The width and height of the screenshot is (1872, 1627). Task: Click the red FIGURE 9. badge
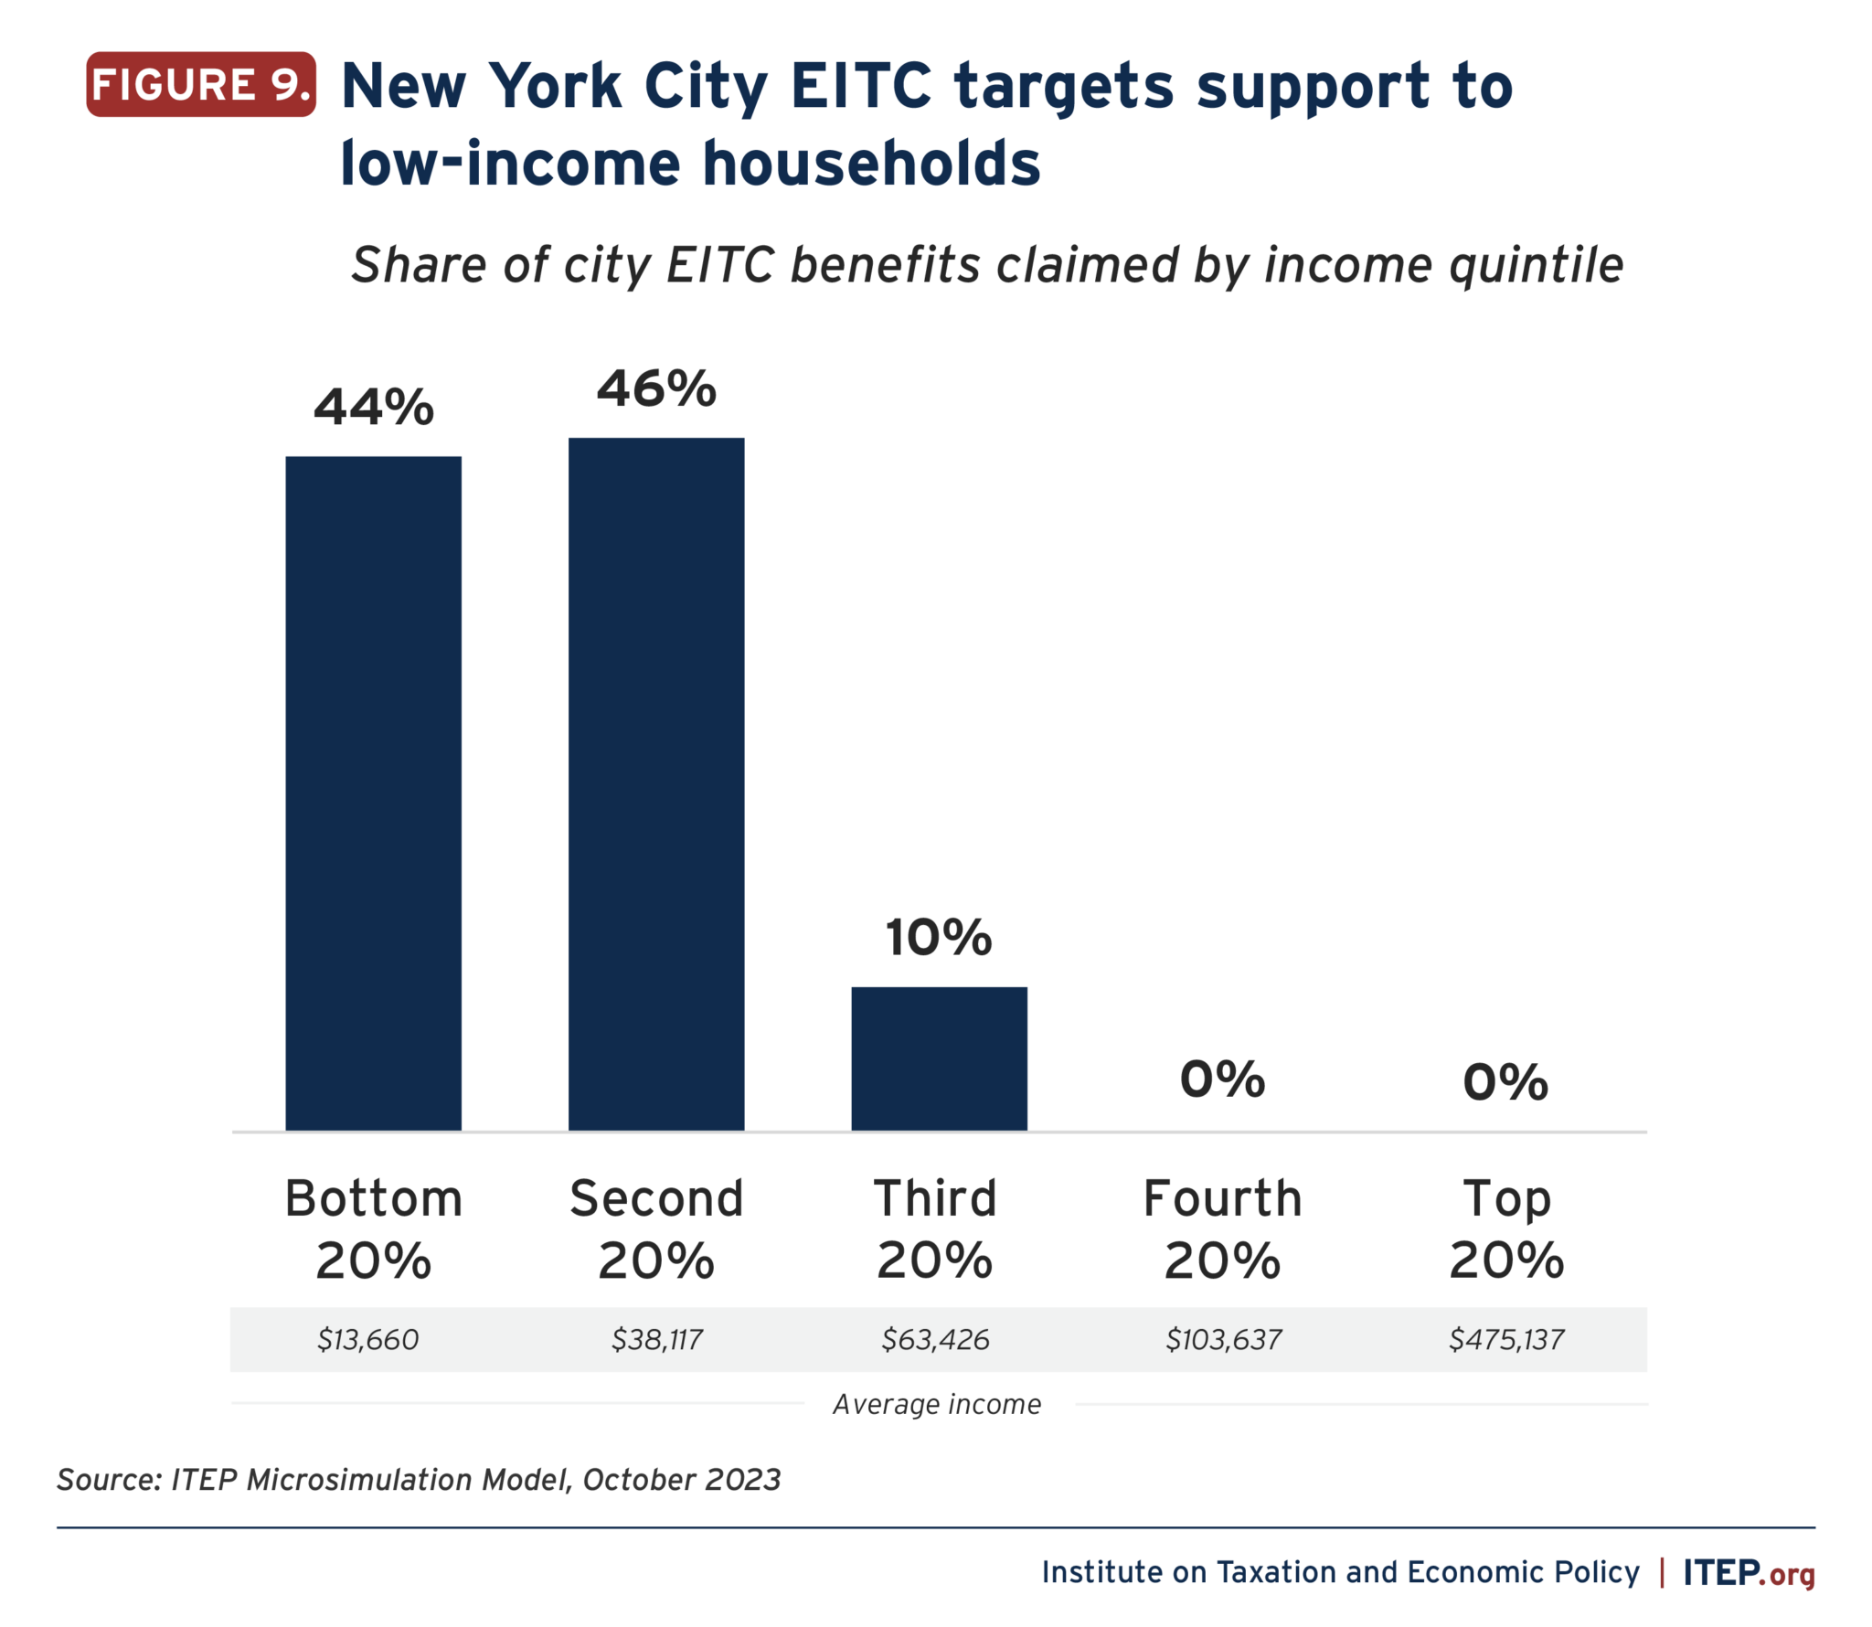click(x=201, y=85)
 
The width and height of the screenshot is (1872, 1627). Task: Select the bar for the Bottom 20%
click(x=373, y=792)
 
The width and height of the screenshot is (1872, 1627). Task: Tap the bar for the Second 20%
click(x=656, y=783)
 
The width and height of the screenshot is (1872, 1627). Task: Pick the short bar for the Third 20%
click(x=939, y=1058)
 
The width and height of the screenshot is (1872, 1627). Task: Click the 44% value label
click(x=373, y=408)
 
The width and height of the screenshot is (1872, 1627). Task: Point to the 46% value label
click(x=656, y=389)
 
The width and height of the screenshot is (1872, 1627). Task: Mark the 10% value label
click(x=939, y=938)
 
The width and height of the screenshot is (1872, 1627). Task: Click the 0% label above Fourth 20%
click(x=1222, y=1079)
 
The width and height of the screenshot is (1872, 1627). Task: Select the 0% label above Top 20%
click(x=1505, y=1082)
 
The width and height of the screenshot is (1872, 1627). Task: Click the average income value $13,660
click(x=367, y=1340)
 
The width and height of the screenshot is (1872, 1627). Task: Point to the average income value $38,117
click(x=656, y=1340)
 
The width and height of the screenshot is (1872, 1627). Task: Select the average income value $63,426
click(x=935, y=1340)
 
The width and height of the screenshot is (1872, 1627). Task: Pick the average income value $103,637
click(x=1223, y=1340)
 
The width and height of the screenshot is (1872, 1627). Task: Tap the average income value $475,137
click(x=1506, y=1340)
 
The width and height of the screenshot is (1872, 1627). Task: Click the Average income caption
click(x=937, y=1404)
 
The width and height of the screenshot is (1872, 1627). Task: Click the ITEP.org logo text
click(x=1749, y=1572)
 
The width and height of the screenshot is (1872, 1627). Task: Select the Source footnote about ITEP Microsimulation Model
click(x=419, y=1480)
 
